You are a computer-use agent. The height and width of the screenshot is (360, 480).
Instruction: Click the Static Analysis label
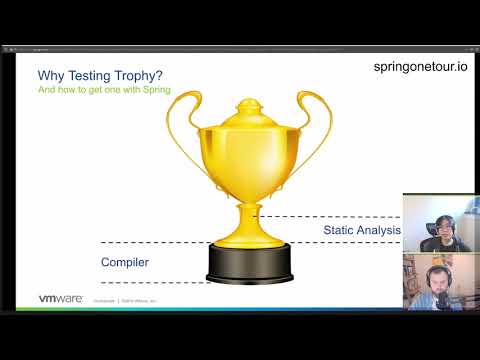click(x=361, y=230)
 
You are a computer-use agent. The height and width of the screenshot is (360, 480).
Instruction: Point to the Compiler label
click(x=125, y=262)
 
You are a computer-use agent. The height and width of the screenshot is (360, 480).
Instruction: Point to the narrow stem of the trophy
click(x=249, y=205)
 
